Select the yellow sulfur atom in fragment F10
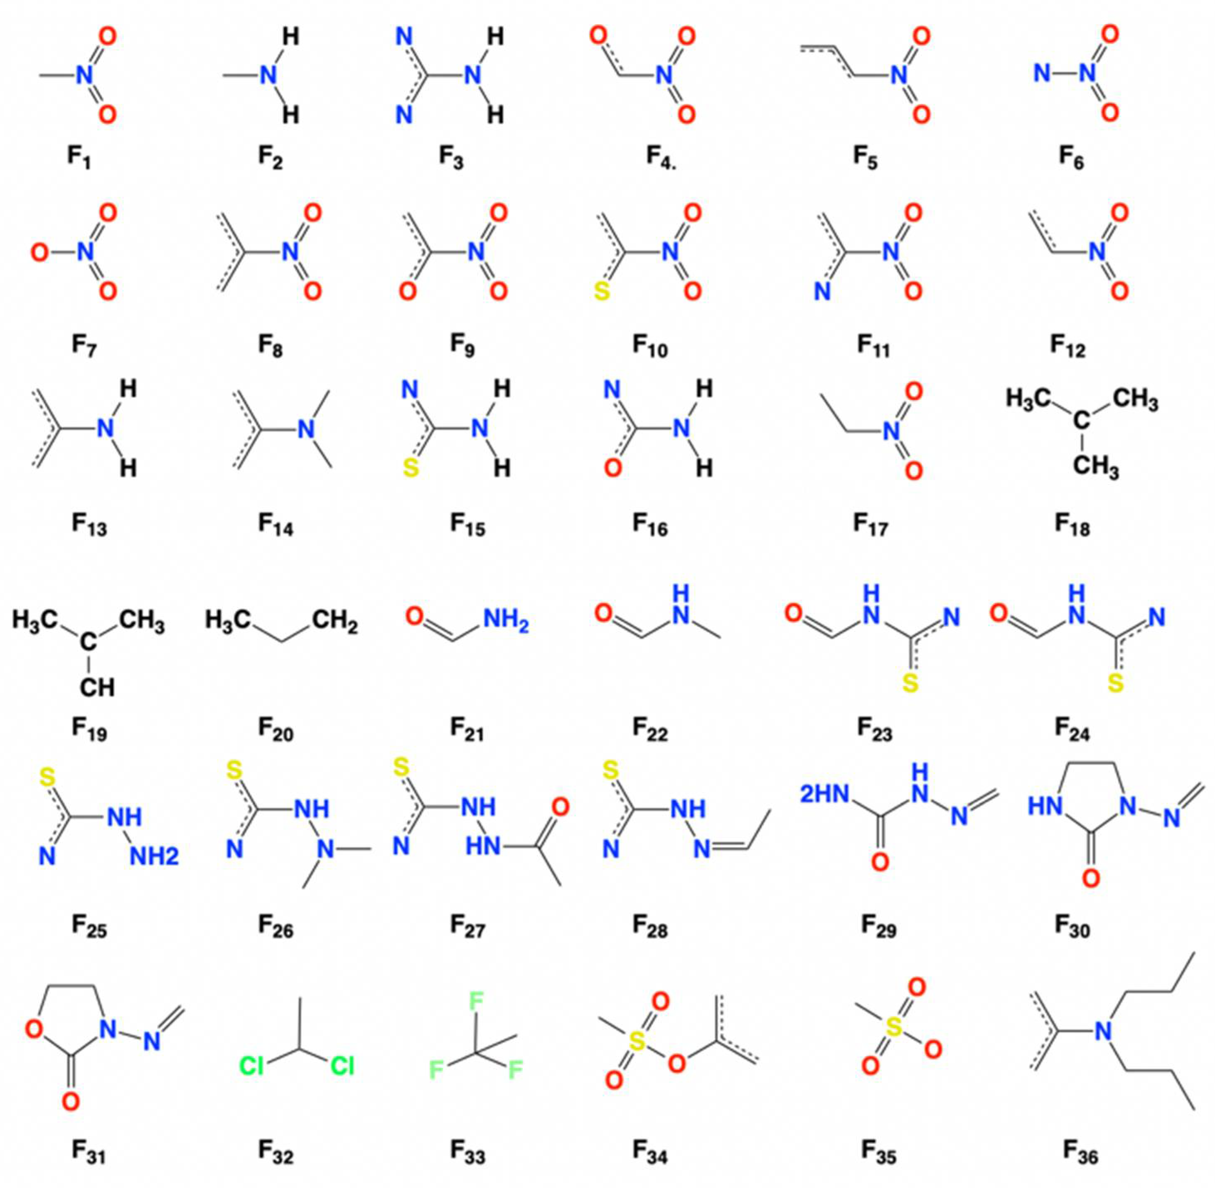point(600,291)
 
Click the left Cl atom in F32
point(251,1066)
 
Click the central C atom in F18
point(1082,421)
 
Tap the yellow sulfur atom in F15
point(410,468)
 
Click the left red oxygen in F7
point(39,253)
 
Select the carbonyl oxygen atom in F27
point(560,807)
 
